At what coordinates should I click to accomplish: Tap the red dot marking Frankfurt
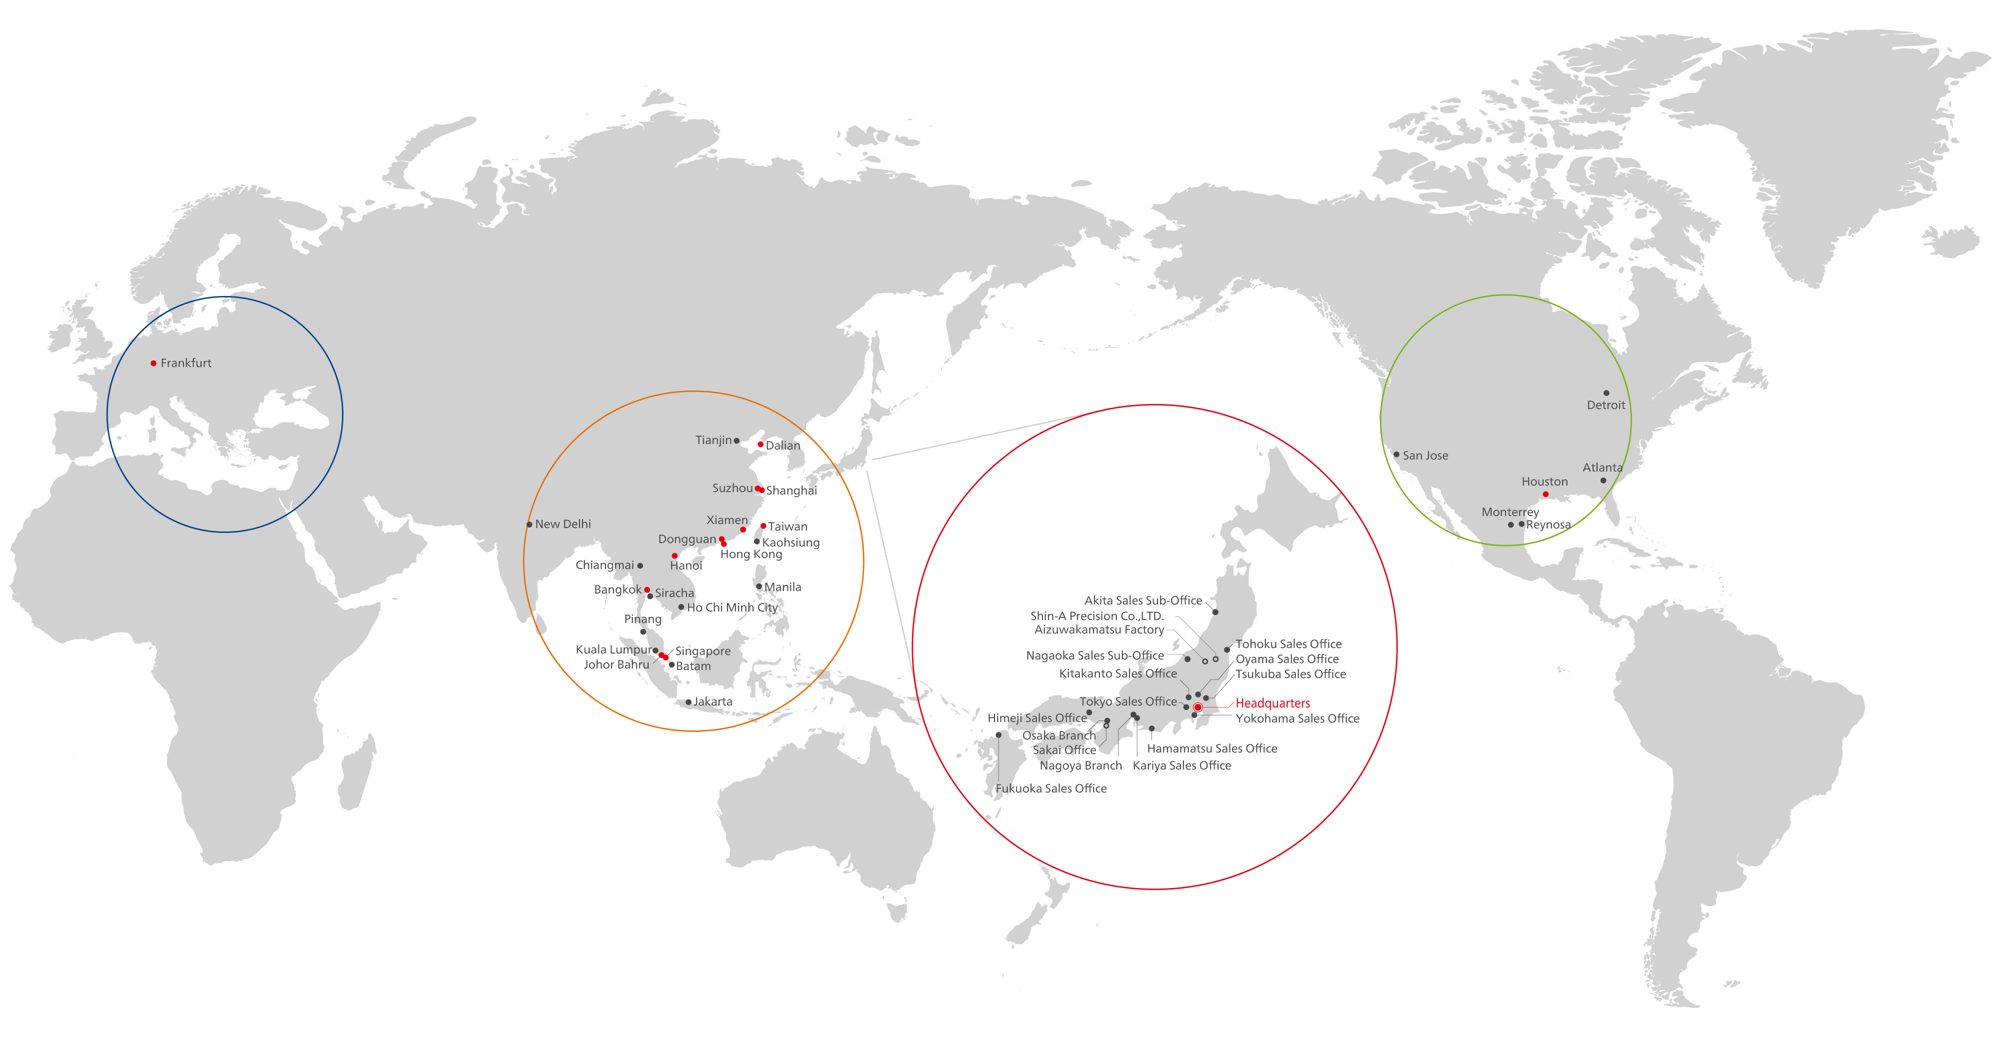153,363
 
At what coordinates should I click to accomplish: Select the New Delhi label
563,524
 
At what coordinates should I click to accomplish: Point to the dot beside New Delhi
529,525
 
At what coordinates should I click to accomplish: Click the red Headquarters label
1272,703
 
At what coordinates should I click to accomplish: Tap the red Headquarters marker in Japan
1198,707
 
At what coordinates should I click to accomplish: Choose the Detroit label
1605,405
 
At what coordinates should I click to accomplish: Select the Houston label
1544,482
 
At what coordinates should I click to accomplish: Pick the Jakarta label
712,702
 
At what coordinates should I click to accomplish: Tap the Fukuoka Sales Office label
1050,788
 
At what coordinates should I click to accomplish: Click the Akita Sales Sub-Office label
1143,601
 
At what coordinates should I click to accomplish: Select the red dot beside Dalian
760,444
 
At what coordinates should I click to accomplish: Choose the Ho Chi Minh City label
732,608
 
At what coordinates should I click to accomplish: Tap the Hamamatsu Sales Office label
1212,748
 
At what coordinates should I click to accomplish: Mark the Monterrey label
1510,512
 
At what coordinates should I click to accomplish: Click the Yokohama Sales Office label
1297,719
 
